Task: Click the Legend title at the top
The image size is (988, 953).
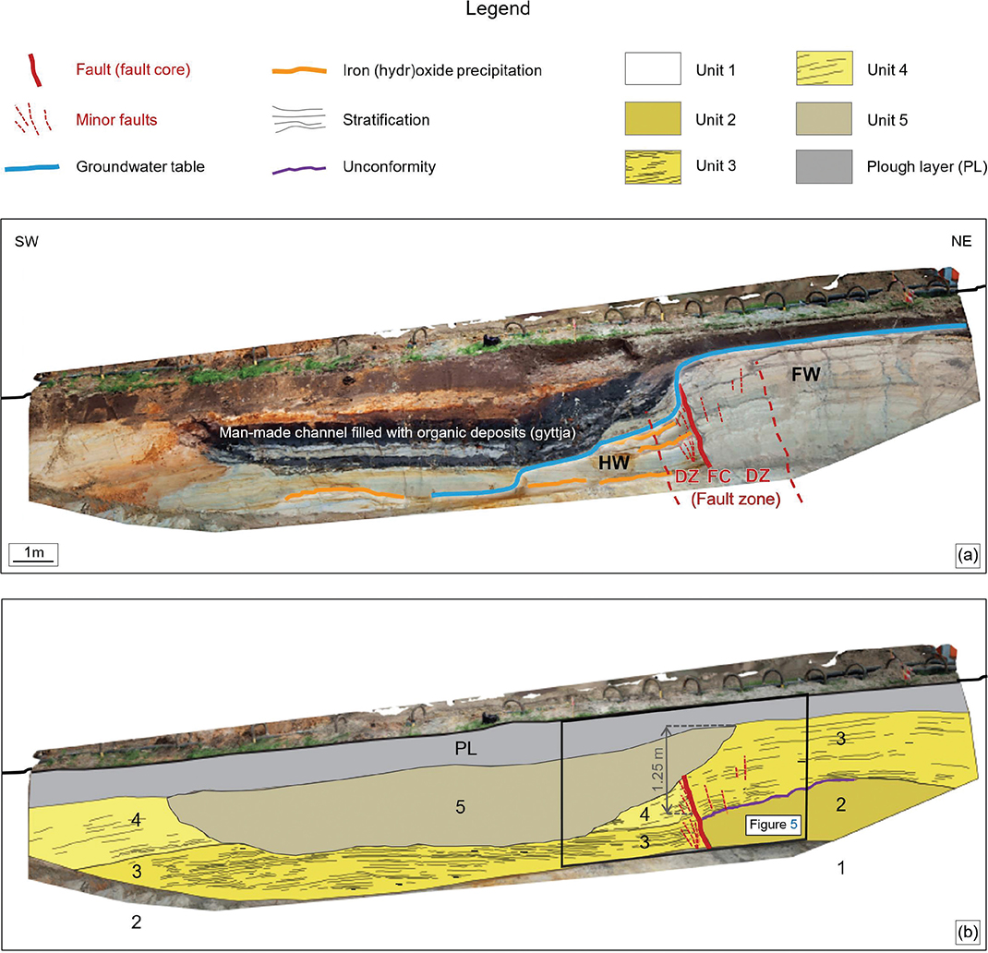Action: [498, 9]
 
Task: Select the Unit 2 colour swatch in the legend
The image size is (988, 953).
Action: [653, 118]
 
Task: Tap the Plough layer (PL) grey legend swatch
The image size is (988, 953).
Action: [824, 166]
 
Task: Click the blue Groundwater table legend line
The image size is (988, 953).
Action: [32, 168]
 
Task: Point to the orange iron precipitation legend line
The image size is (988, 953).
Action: [298, 70]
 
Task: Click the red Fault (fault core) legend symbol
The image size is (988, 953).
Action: [35, 70]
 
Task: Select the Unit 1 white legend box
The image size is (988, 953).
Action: [653, 68]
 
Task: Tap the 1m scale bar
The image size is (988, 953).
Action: [33, 555]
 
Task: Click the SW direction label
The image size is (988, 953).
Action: [27, 241]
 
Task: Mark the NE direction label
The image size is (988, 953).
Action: [961, 241]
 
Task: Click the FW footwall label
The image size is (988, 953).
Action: [806, 375]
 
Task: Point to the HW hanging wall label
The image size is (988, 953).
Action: [614, 464]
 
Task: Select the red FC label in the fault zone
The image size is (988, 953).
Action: [719, 476]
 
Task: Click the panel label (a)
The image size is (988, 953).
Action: [967, 555]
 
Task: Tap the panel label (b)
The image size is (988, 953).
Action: [967, 932]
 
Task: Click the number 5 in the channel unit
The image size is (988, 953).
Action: [461, 807]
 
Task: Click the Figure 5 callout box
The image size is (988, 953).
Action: [773, 825]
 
